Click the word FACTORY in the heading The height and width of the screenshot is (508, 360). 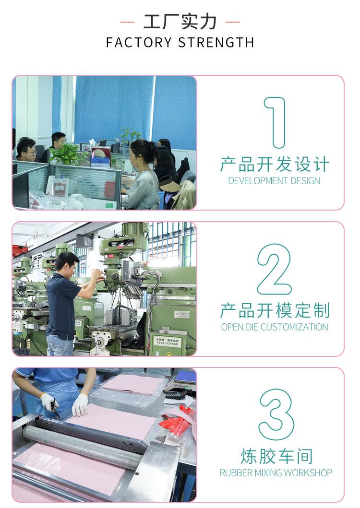pos(139,42)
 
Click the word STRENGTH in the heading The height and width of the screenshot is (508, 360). pos(216,42)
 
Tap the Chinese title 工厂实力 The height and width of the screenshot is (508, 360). pos(180,22)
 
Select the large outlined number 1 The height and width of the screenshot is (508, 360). pos(275,122)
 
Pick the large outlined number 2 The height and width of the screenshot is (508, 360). pos(275,269)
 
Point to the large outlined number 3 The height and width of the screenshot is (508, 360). pos(276,414)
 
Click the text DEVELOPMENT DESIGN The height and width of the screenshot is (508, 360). pos(274,181)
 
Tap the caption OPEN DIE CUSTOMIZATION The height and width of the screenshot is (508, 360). pos(275,327)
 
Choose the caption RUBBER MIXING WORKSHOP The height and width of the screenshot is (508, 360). pos(276,473)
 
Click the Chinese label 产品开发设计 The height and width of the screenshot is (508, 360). pos(275,164)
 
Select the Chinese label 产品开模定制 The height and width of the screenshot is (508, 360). pos(275,310)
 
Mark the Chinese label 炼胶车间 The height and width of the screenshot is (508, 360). pos(276,456)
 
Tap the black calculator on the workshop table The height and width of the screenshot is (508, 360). pos(176,394)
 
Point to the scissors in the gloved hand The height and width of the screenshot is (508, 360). pos(55,407)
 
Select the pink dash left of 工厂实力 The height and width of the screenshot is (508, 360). pos(128,23)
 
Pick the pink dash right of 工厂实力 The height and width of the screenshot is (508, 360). pos(233,23)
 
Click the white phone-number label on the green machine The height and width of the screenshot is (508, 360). pos(167,341)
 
